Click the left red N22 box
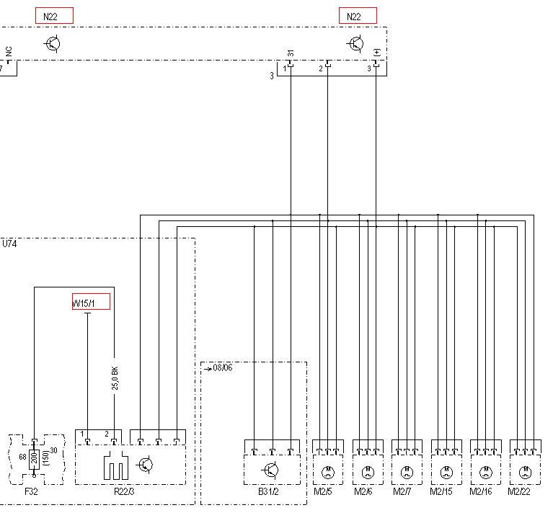click(54, 16)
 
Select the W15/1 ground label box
click(91, 301)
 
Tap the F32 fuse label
click(32, 491)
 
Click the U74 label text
click(10, 244)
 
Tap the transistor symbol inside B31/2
click(271, 470)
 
